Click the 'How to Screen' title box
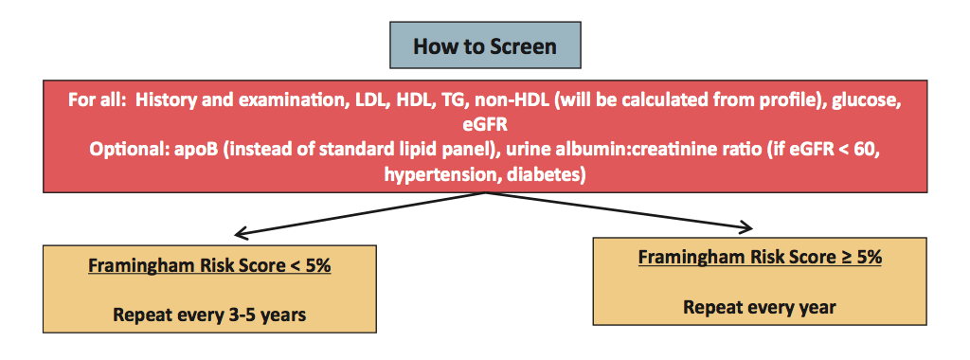pos(485,45)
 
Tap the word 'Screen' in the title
pos(521,46)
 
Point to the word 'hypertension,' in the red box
pos(442,174)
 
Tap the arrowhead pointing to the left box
pos(241,234)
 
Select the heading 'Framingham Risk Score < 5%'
pos(209,266)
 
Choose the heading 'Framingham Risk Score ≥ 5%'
pos(761,258)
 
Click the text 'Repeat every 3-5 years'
pos(209,315)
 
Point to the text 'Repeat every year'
pos(760,307)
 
